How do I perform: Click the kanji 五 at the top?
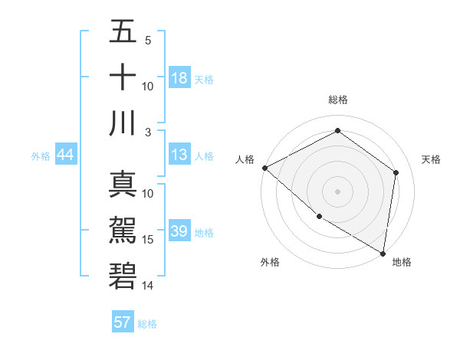pos(123,31)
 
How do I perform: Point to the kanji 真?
pos(123,185)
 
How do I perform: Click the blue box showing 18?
pos(179,78)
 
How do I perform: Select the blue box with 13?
pos(179,155)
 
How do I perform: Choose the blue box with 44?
pos(65,155)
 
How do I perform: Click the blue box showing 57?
pos(123,322)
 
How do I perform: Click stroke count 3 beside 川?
pos(148,132)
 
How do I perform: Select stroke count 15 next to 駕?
pos(148,240)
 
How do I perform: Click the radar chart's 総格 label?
pos(338,100)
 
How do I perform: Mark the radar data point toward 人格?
pos(264,168)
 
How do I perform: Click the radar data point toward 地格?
pos(383,253)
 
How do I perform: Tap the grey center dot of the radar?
pos(337,191)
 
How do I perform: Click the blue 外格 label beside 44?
pos(41,156)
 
